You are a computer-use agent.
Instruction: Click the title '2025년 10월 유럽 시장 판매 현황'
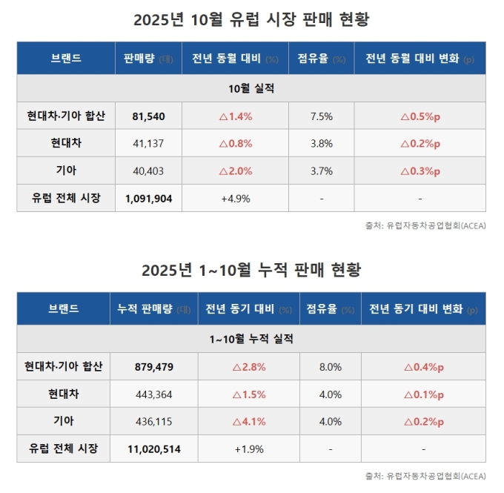(x=251, y=19)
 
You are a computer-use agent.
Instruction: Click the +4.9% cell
(x=236, y=198)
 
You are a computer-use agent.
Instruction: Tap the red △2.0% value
(x=236, y=171)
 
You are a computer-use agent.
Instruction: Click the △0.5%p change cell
(x=420, y=116)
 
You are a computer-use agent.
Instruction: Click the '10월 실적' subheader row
(x=251, y=88)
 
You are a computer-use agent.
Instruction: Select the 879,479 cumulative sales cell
(x=153, y=366)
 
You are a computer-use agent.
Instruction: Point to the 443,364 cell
(x=153, y=394)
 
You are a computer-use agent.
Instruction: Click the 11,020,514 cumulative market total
(x=153, y=449)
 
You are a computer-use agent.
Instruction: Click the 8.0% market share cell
(x=330, y=366)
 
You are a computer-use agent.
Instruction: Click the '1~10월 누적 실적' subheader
(x=251, y=339)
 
